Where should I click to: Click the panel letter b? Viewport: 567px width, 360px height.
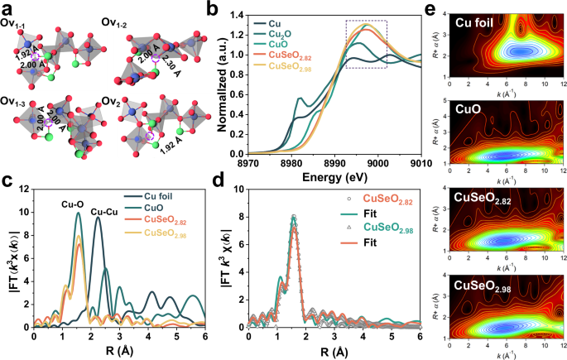pos(213,10)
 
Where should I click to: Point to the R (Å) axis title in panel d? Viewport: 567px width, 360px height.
pos(334,348)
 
